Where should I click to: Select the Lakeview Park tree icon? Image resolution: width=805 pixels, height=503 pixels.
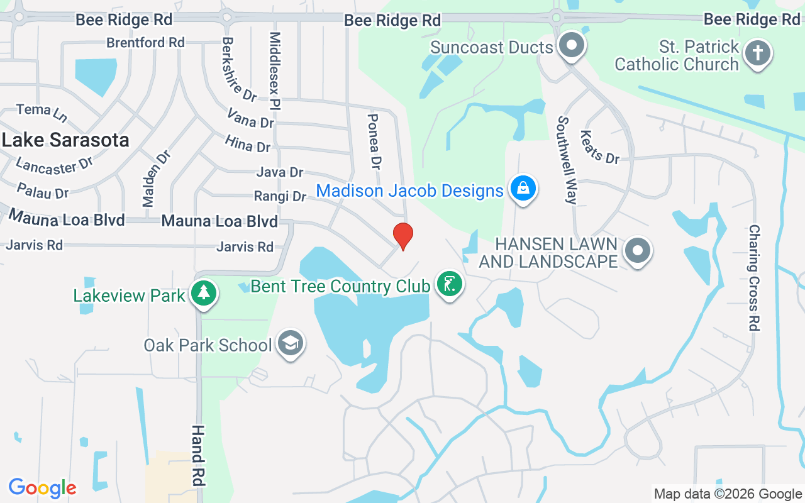coord(203,294)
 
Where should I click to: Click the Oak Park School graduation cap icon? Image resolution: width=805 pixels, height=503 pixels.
coord(290,343)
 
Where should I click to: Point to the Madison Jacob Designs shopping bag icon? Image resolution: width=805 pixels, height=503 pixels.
coord(523,188)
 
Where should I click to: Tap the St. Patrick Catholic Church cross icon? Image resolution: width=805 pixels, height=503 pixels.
coord(758,54)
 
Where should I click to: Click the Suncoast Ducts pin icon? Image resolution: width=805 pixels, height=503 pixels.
coord(572,46)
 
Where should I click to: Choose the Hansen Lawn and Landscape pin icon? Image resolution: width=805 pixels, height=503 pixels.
coord(638,250)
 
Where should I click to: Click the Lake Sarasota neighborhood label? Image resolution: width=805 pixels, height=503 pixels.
coord(65,140)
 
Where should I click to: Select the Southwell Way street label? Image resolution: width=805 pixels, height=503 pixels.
coord(567,160)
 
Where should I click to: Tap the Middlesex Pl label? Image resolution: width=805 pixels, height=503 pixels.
coord(275,71)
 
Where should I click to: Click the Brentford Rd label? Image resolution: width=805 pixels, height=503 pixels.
coord(145,43)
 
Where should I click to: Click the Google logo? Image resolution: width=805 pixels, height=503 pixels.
coord(42,488)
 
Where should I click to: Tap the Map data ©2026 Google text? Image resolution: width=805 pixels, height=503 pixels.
coord(727,494)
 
